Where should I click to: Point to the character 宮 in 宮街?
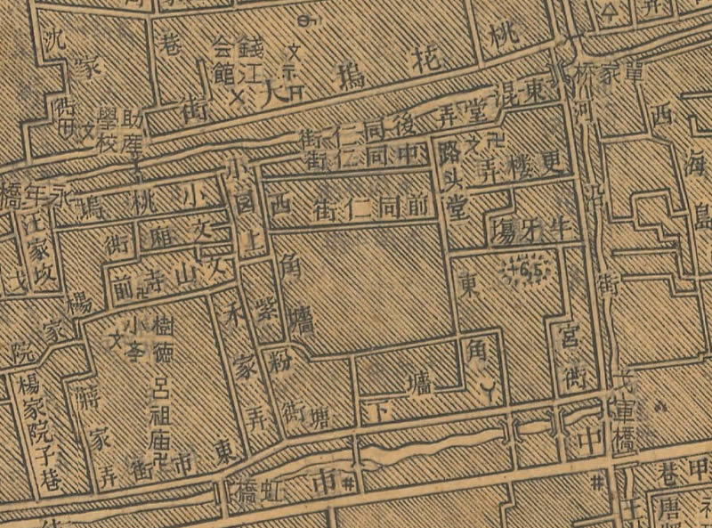[565, 339]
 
